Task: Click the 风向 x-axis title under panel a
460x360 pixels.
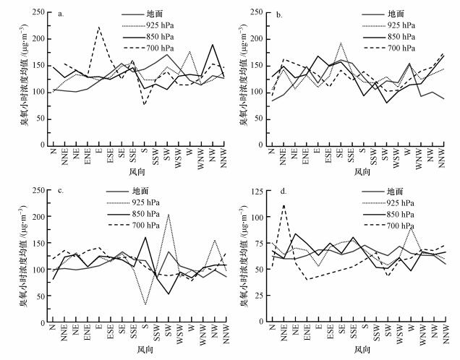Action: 137,172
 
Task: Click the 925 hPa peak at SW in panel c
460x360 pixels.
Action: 168,215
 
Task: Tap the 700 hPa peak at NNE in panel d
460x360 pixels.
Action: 284,205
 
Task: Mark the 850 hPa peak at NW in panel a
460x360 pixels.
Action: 213,45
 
